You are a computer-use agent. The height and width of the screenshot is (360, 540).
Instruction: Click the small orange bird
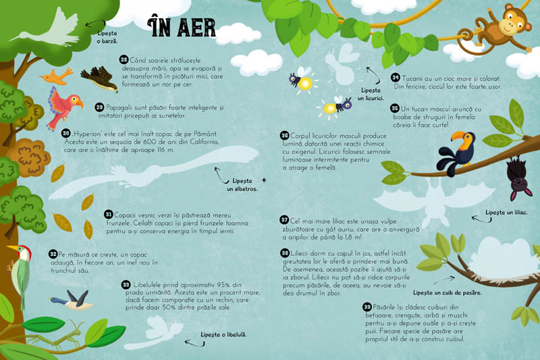tap(57, 76)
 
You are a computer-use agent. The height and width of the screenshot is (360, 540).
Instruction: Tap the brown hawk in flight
tap(99, 79)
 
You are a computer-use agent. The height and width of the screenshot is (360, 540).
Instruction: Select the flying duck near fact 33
tap(73, 300)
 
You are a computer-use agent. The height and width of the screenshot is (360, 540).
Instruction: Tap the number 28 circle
tap(124, 59)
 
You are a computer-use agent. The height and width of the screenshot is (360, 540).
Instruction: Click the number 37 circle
tap(284, 220)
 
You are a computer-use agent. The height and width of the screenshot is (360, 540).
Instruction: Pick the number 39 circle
tap(367, 307)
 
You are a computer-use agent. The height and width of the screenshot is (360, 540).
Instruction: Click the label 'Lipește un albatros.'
tap(242, 185)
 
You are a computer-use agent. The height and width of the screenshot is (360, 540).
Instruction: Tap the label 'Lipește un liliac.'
tap(506, 213)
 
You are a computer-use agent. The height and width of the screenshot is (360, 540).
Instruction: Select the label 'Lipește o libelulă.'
tap(223, 334)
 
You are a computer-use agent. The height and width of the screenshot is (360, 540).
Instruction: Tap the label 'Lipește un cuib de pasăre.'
tap(448, 293)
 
